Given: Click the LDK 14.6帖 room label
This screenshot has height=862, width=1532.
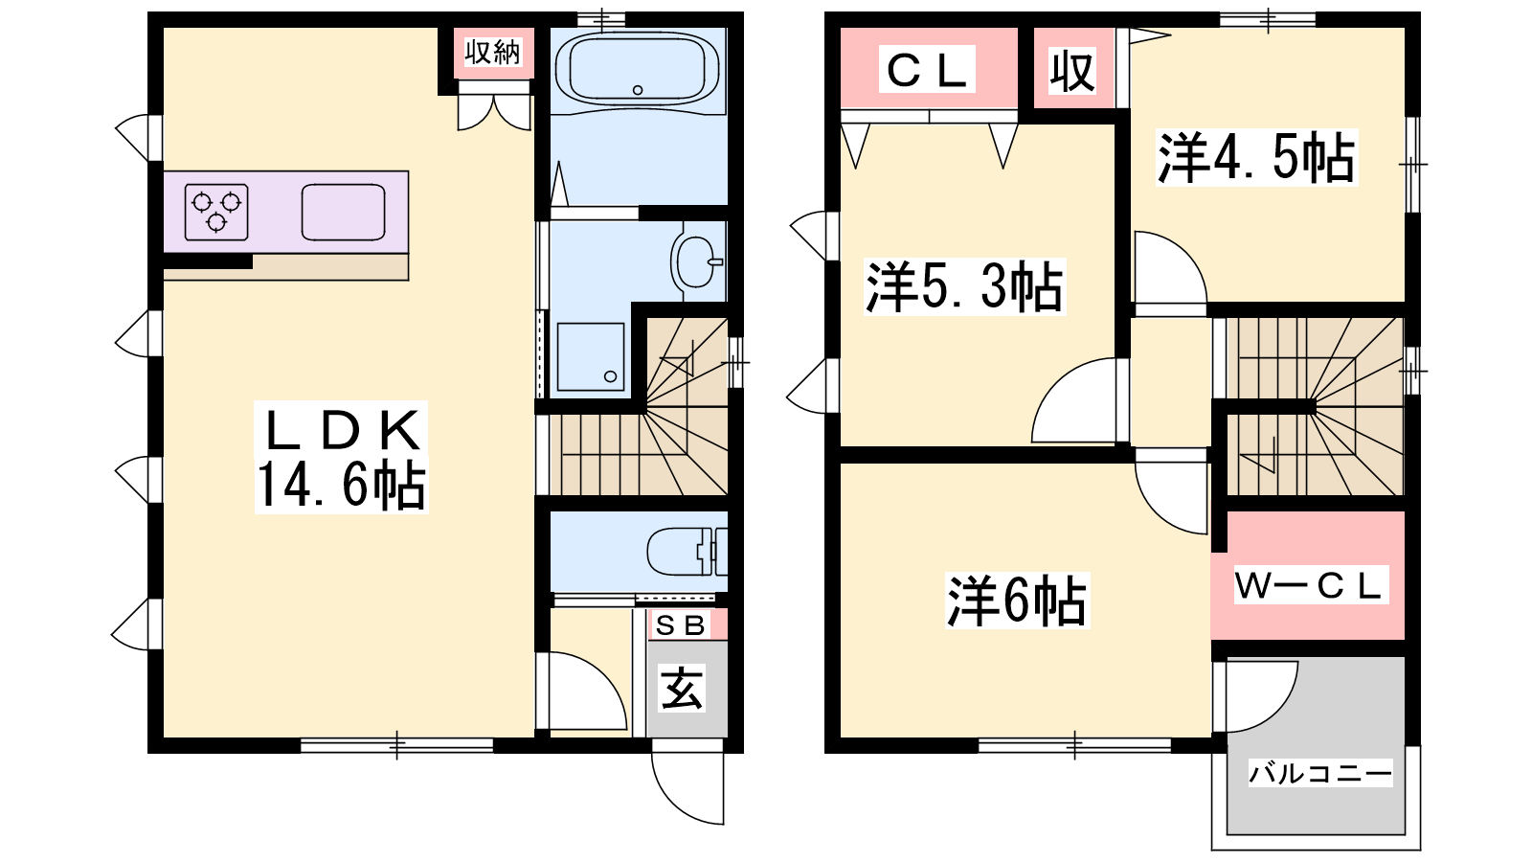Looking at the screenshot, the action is click(x=341, y=457).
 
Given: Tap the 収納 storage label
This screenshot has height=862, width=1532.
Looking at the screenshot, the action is click(x=492, y=52).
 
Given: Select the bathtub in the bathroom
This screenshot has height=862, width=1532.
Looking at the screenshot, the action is click(x=638, y=69).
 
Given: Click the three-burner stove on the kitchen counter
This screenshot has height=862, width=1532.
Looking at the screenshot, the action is click(x=216, y=212).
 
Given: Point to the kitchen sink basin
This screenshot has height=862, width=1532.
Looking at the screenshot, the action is click(x=343, y=212).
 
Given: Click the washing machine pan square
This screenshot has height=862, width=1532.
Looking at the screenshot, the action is click(x=590, y=356).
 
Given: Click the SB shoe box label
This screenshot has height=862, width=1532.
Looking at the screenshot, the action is click(x=680, y=625).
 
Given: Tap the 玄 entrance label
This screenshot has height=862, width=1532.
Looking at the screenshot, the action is click(x=682, y=689).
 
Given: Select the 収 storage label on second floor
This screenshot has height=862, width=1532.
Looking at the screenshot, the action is click(x=1072, y=71).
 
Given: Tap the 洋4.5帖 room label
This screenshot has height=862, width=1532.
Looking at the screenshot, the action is click(x=1256, y=158).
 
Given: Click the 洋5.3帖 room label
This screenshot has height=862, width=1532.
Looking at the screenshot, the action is click(x=964, y=286).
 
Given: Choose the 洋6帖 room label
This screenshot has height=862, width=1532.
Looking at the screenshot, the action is click(x=1017, y=601).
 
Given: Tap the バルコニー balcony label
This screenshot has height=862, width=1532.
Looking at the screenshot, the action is click(x=1320, y=774).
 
